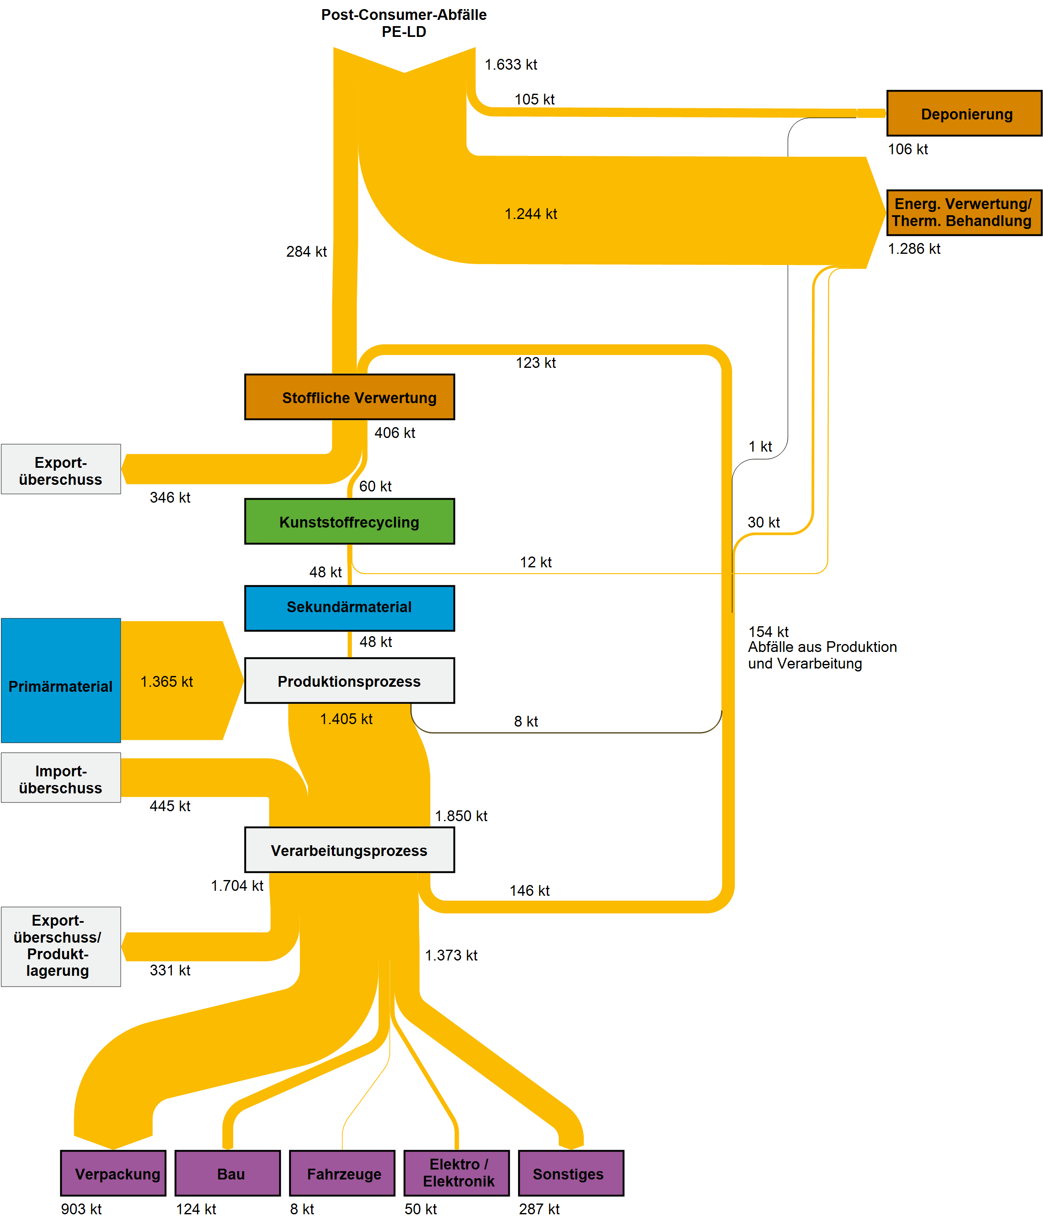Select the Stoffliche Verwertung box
tap(350, 397)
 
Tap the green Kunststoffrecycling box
tap(350, 522)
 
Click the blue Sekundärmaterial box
tap(350, 608)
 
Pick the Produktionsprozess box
tap(350, 681)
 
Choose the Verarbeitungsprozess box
tap(350, 850)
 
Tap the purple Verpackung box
tap(113, 1173)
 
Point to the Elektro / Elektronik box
tap(456, 1173)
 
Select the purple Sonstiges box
tap(570, 1173)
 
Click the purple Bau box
tap(228, 1173)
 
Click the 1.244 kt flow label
tap(530, 214)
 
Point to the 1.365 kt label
tap(166, 682)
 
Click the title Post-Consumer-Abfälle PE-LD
tap(404, 23)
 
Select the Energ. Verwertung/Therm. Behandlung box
tap(963, 212)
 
